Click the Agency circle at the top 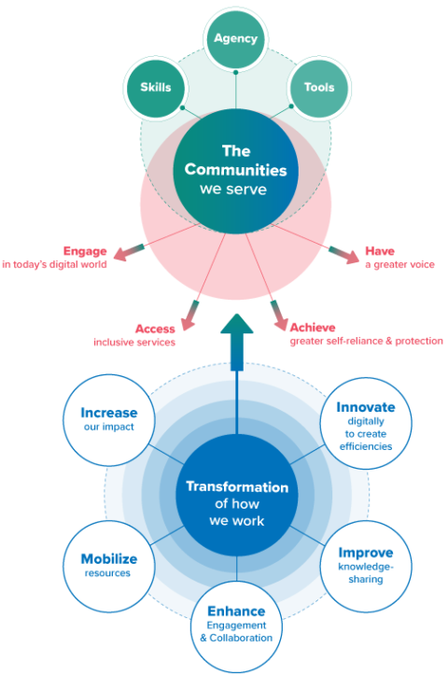pos(235,39)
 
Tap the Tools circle pos(319,88)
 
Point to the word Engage pos(84,250)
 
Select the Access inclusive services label pos(134,335)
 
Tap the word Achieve pos(313,328)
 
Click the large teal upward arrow pos(237,341)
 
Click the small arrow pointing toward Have pos(342,252)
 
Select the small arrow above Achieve pos(279,312)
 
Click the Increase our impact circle pos(108,419)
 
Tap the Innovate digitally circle pos(365,426)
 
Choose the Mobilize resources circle pos(108,565)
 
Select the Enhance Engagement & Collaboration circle pos(236,624)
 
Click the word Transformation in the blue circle pos(236,486)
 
